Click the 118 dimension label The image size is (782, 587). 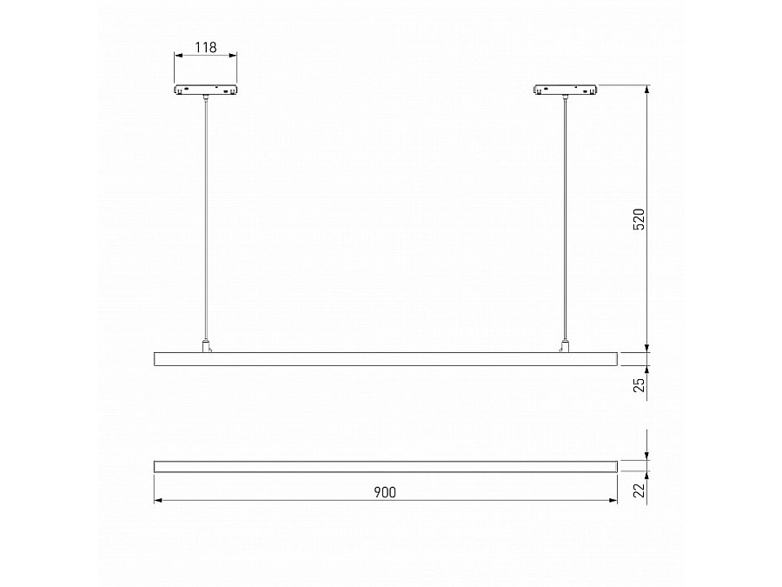click(x=205, y=47)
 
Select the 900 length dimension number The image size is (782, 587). click(x=385, y=492)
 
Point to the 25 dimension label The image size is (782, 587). click(x=639, y=385)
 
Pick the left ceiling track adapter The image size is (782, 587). click(x=206, y=90)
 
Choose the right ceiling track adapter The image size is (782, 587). click(x=565, y=90)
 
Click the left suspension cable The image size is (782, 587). click(x=206, y=217)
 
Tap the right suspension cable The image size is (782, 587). click(x=565, y=217)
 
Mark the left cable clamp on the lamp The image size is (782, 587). click(x=207, y=346)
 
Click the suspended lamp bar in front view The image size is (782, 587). click(x=385, y=358)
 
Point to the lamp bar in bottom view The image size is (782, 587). click(x=385, y=466)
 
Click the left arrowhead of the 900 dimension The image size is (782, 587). click(x=157, y=502)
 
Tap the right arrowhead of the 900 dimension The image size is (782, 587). click(x=613, y=502)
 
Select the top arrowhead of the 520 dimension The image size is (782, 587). click(x=647, y=90)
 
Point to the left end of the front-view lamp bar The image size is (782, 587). click(x=156, y=358)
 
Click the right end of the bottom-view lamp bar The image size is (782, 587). click(x=615, y=466)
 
